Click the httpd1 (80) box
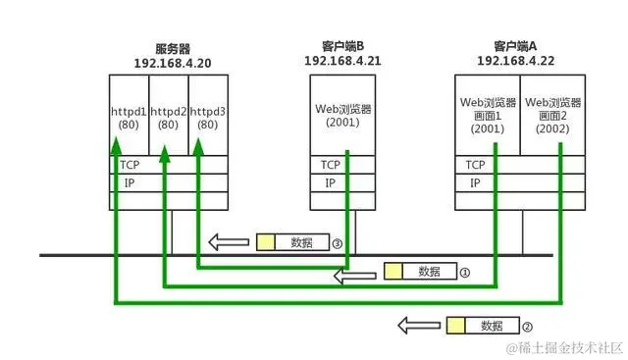pyautogui.click(x=130, y=113)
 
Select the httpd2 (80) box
pyautogui.click(x=169, y=113)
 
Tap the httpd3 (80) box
pyautogui.click(x=208, y=113)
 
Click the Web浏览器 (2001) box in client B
pyautogui.click(x=340, y=115)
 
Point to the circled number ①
pyautogui.click(x=466, y=273)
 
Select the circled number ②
pyautogui.click(x=527, y=326)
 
